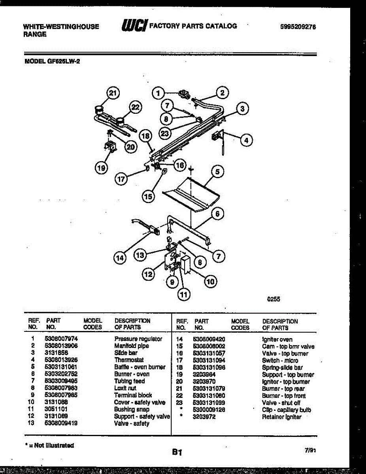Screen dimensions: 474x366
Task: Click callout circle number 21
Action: [113, 93]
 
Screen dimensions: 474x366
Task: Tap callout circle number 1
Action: [158, 93]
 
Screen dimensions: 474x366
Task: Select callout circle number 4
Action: [247, 140]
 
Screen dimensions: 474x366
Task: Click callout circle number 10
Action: [210, 281]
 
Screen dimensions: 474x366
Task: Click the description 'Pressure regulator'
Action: [138, 339]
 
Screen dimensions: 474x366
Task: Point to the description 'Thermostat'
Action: [129, 360]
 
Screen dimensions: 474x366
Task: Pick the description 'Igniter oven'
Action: [277, 339]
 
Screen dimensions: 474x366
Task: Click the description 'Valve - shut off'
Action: [281, 403]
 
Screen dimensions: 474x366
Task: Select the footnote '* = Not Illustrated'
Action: [49, 445]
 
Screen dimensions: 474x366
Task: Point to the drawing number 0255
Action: [274, 299]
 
